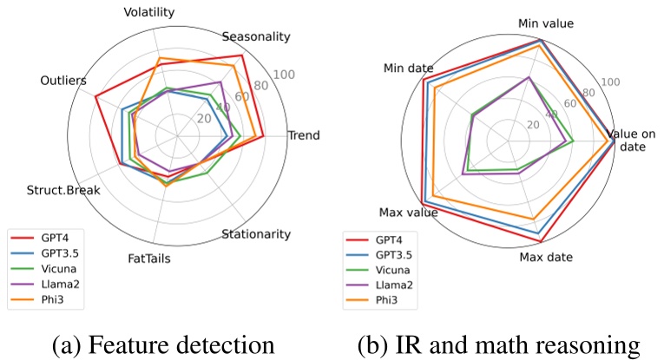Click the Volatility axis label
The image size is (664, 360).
tap(149, 12)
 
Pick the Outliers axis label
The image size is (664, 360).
tap(63, 81)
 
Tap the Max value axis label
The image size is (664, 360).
tap(408, 212)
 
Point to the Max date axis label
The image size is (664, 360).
tap(546, 257)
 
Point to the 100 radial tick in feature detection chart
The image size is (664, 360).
tap(284, 76)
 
